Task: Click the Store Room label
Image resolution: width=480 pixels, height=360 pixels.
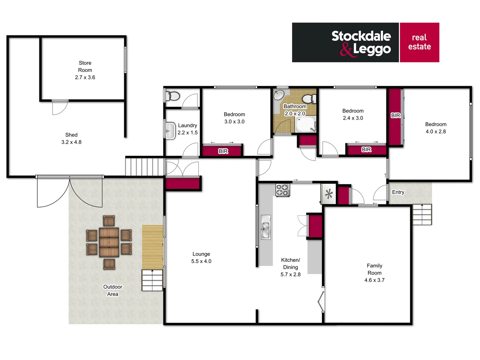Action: pyautogui.click(x=85, y=66)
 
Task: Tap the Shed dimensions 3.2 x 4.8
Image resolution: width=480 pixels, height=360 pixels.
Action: pyautogui.click(x=71, y=142)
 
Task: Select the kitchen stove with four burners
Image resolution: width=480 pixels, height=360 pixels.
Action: pyautogui.click(x=282, y=190)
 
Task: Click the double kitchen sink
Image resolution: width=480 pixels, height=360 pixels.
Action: pyautogui.click(x=265, y=227)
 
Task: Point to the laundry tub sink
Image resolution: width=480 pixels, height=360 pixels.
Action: pyautogui.click(x=170, y=130)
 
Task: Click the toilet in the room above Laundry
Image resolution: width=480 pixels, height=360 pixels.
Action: pyautogui.click(x=173, y=96)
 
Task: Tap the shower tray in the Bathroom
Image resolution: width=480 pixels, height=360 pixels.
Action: pyautogui.click(x=305, y=124)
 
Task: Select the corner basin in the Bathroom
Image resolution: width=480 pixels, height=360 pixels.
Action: pyautogui.click(x=279, y=95)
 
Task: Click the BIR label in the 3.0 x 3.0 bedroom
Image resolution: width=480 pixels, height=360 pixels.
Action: pyautogui.click(x=223, y=151)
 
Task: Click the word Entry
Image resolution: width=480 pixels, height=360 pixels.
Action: pyautogui.click(x=398, y=192)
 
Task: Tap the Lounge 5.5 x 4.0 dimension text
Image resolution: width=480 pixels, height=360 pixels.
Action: pyautogui.click(x=201, y=261)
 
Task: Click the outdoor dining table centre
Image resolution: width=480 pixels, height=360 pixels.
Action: pyautogui.click(x=109, y=242)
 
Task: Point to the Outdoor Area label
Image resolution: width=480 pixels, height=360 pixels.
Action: pyautogui.click(x=113, y=290)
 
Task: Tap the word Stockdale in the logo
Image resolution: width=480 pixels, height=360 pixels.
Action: pyautogui.click(x=361, y=36)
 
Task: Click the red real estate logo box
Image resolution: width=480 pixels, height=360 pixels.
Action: pyautogui.click(x=419, y=42)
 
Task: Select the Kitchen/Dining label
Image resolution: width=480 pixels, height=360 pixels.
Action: pyautogui.click(x=290, y=263)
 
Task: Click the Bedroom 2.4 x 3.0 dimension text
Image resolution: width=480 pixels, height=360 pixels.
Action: pyautogui.click(x=353, y=118)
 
